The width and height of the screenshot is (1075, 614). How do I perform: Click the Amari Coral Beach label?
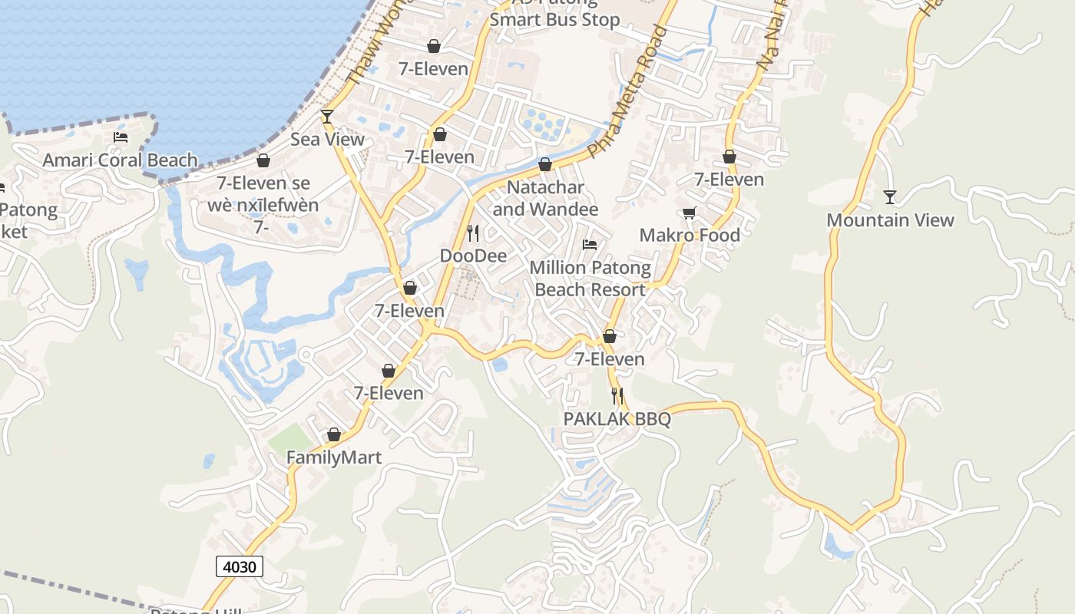point(120,160)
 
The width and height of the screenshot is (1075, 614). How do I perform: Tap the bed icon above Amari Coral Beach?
point(121,137)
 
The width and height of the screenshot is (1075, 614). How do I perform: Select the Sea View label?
point(327,140)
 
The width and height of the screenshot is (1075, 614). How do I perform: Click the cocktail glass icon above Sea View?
point(327,117)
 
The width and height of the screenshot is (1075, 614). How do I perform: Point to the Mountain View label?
point(890,220)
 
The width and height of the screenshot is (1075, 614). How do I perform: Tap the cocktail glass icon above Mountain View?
point(890,197)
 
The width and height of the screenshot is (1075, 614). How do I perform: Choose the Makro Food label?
point(690,235)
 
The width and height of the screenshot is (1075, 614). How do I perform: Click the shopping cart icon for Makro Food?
point(690,213)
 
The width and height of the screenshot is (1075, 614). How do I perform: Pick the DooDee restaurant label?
point(473,256)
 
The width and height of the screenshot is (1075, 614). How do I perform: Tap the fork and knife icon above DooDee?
point(473,233)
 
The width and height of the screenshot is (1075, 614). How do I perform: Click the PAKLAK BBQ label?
point(617,419)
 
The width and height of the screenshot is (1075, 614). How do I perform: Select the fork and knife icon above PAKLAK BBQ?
point(617,396)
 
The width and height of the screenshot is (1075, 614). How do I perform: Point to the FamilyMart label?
point(334,458)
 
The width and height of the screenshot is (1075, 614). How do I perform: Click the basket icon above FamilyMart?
point(334,435)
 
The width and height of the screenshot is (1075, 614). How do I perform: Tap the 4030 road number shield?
point(240,567)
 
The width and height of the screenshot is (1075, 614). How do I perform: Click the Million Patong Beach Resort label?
point(590,279)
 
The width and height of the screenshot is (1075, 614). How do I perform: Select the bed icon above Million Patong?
point(590,245)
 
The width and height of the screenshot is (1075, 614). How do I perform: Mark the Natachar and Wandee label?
point(545,198)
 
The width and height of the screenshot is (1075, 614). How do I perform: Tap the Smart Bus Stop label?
point(554,19)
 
